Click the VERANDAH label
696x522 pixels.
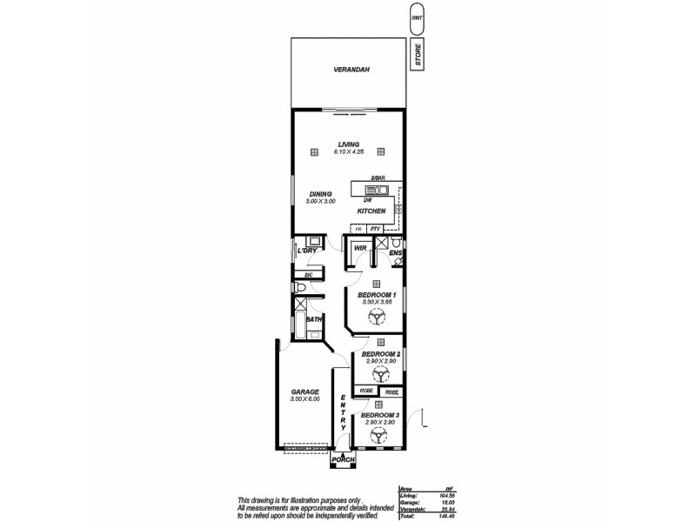tap(346, 71)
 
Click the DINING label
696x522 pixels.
tap(320, 194)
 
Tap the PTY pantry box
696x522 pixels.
tap(375, 229)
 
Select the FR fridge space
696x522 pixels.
tap(357, 229)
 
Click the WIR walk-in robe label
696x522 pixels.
tap(358, 248)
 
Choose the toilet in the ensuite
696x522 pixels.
tap(395, 241)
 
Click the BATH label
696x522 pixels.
tap(312, 319)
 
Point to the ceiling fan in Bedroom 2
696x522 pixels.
tap(379, 374)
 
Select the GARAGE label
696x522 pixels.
tap(304, 392)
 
